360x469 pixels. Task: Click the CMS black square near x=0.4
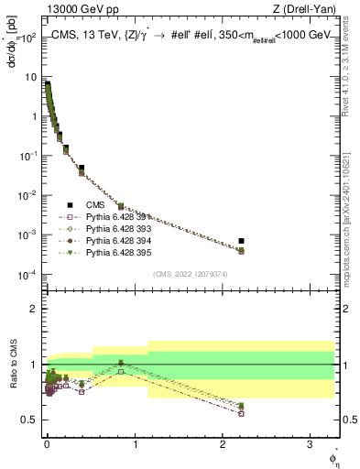click(82, 169)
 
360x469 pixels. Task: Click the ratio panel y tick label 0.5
click(29, 420)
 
